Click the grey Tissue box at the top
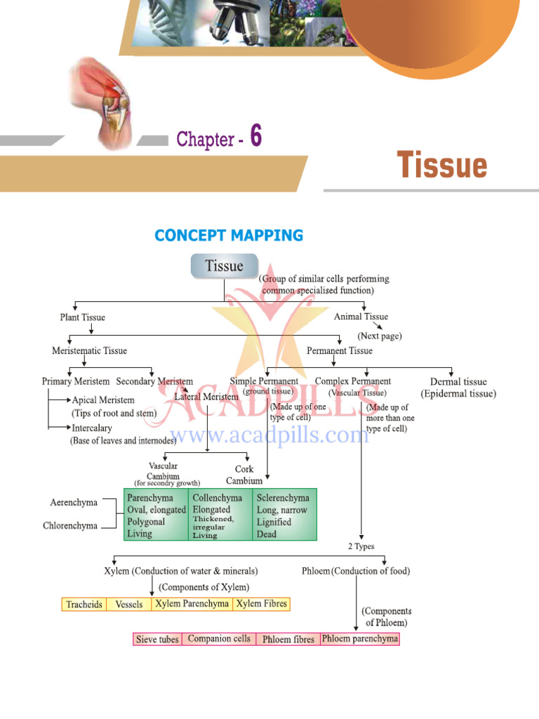(224, 266)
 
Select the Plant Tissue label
(82, 317)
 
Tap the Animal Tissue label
(361, 317)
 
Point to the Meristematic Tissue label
(90, 350)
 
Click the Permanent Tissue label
(340, 350)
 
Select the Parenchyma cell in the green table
(156, 514)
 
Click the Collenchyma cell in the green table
(220, 514)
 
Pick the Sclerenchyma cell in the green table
(284, 514)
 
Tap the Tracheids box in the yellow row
(84, 604)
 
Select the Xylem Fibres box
(261, 603)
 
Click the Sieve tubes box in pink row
(157, 639)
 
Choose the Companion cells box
(219, 639)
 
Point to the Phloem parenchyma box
(359, 639)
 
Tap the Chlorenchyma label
(70, 525)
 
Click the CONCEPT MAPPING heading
(229, 236)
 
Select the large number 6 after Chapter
(255, 137)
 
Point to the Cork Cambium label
(244, 475)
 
